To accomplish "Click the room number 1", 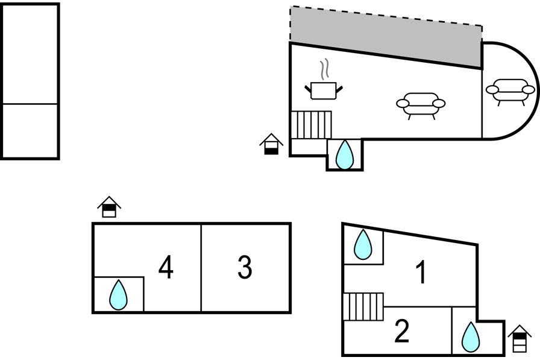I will click(x=422, y=273).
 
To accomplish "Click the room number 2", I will click(x=402, y=331).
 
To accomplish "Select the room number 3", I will click(x=244, y=268).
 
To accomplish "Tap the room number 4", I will click(x=166, y=268).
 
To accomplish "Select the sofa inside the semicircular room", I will click(x=510, y=91).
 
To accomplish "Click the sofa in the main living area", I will click(x=421, y=104).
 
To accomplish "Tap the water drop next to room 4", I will click(x=119, y=295).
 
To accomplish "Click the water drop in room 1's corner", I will click(x=363, y=245).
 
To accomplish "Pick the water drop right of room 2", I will click(x=471, y=337).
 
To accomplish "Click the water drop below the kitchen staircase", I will click(x=344, y=154).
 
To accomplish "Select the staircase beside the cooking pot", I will click(x=311, y=125).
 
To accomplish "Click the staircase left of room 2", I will click(x=363, y=306).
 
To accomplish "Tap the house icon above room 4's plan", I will click(x=109, y=207).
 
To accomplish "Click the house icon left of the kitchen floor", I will click(x=272, y=144).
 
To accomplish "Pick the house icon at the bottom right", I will click(x=520, y=338).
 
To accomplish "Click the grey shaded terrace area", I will click(x=386, y=36).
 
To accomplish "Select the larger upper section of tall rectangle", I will click(x=30, y=54).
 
